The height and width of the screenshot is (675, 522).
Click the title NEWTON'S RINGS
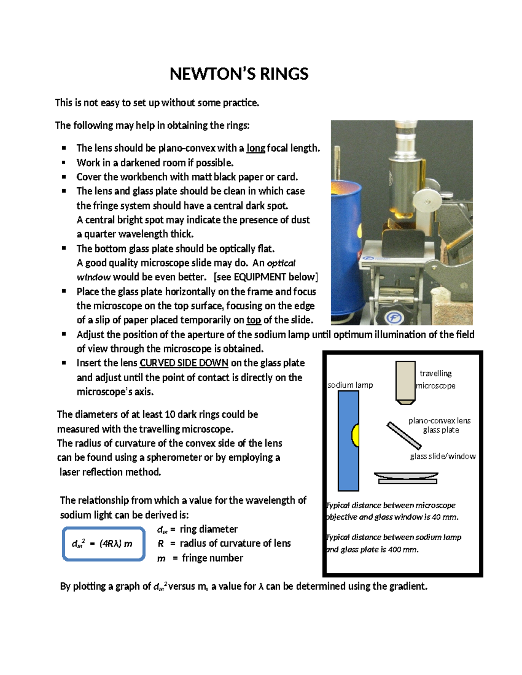(x=239, y=74)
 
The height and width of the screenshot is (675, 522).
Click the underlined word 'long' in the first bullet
(x=256, y=148)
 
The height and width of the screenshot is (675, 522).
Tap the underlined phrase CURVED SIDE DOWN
(x=184, y=363)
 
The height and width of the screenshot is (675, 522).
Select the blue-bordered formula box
(x=104, y=543)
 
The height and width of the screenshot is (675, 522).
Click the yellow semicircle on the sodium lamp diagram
(x=355, y=436)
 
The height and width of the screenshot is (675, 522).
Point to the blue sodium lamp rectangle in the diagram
(x=348, y=461)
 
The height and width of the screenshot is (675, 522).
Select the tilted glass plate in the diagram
(x=404, y=435)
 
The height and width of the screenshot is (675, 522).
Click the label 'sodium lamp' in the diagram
(x=350, y=385)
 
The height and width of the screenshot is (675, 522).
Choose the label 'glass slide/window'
(x=442, y=456)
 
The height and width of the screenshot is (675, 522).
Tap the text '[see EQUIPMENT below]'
(x=266, y=277)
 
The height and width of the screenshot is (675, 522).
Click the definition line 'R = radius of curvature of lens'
(x=224, y=543)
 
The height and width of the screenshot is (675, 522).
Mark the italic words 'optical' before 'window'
(x=281, y=263)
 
